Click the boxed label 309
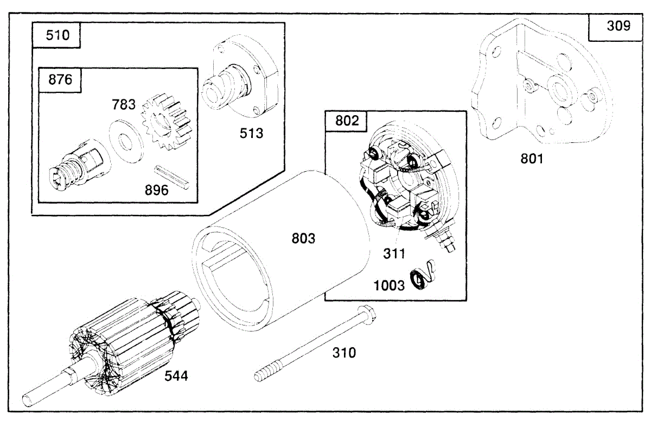point(618,26)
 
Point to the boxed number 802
point(347,121)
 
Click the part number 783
point(124,103)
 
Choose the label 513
point(252,132)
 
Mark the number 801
point(531,159)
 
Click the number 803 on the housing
point(303,238)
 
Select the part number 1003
point(390,285)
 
